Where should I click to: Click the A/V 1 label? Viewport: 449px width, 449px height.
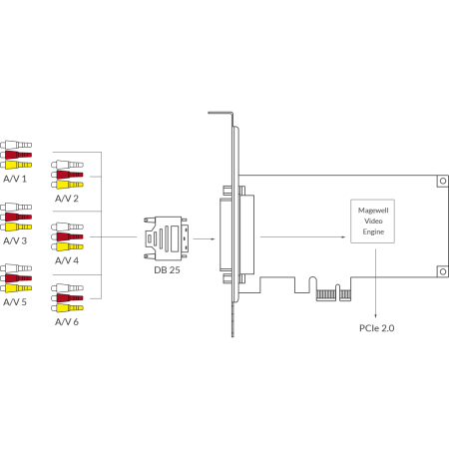pyautogui.click(x=15, y=179)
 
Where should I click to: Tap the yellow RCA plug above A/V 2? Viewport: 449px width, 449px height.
pyautogui.click(x=67, y=185)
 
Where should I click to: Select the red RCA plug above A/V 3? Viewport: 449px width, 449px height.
pyautogui.click(x=16, y=217)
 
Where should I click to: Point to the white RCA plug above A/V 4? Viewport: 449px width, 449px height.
pyautogui.click(x=67, y=226)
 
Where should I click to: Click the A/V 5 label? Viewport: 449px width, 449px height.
pyautogui.click(x=15, y=302)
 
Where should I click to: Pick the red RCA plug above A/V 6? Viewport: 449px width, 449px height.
pyautogui.click(x=67, y=298)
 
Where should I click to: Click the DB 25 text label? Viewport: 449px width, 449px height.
pyautogui.click(x=167, y=270)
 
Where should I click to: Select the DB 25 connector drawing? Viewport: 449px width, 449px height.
pyautogui.click(x=166, y=238)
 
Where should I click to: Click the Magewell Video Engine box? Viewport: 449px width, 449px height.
pyautogui.click(x=373, y=222)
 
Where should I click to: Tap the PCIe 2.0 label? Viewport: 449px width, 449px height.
pyautogui.click(x=377, y=328)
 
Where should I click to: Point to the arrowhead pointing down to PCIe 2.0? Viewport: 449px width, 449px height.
pyautogui.click(x=376, y=316)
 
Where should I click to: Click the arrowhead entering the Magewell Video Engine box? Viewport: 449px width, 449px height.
pyautogui.click(x=344, y=237)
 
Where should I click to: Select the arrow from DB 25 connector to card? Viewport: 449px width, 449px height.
pyautogui.click(x=204, y=238)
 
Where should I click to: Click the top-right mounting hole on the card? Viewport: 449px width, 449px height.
pyautogui.click(x=443, y=181)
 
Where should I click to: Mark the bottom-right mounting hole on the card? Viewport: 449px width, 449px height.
pyautogui.click(x=443, y=271)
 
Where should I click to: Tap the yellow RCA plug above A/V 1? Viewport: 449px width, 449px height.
pyautogui.click(x=16, y=165)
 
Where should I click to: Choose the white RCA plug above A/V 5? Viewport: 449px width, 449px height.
pyautogui.click(x=16, y=268)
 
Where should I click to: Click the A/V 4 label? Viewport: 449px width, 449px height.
pyautogui.click(x=67, y=260)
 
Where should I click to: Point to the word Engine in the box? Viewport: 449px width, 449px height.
pyautogui.click(x=373, y=231)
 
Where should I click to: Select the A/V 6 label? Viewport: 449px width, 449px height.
pyautogui.click(x=67, y=322)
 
